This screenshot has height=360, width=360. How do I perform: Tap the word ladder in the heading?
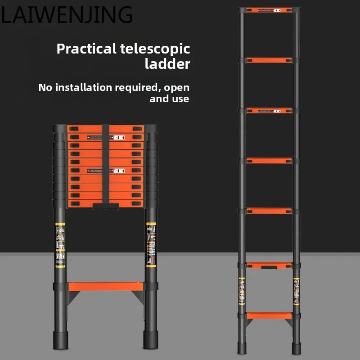[x=167, y=64]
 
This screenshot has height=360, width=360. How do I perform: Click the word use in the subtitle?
[x=180, y=99]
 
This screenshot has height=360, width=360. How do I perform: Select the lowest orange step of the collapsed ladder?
[x=106, y=286]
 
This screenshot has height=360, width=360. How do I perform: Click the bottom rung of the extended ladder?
[x=269, y=315]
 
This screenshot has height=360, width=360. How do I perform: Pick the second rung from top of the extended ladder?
[x=269, y=60]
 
